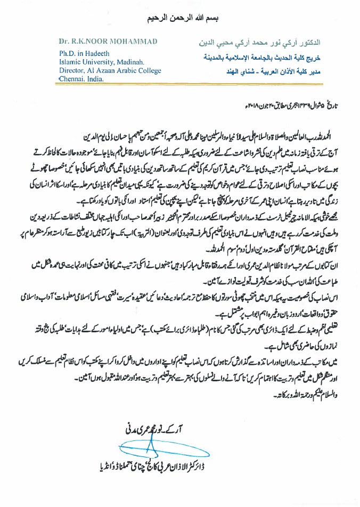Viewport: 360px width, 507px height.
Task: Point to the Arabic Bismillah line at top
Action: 179,18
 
